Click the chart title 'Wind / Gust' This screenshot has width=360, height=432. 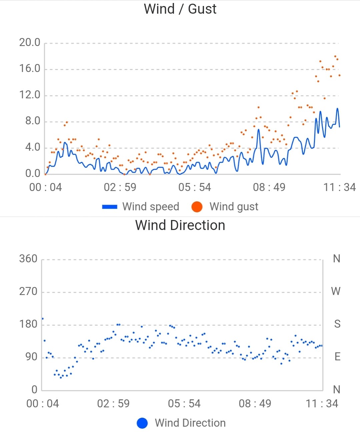pos(180,9)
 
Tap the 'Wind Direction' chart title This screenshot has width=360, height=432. pos(180,225)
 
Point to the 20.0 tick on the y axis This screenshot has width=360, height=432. pos(30,42)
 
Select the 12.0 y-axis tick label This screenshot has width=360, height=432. pos(30,95)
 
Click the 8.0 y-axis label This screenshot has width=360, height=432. pos(33,121)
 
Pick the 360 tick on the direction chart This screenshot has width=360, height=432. pos(28,259)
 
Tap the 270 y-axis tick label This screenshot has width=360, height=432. pos(28,291)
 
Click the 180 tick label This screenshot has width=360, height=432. pos(28,324)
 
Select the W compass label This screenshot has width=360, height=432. pos(336,291)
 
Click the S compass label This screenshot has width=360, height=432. pos(337,324)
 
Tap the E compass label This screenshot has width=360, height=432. pos(337,357)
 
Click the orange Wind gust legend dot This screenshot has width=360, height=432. pos(197,207)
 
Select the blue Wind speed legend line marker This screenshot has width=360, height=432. pos(110,207)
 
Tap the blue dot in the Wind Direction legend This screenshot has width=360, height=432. pos(142,423)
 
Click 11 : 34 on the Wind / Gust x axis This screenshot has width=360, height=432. pos(339,187)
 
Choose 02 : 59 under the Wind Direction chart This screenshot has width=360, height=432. pos(113,403)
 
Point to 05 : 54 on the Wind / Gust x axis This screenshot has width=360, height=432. pos(194,187)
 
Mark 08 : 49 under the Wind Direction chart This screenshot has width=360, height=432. pos(255,403)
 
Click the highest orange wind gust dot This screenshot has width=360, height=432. pos(335,56)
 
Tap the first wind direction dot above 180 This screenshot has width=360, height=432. pos(43,319)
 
